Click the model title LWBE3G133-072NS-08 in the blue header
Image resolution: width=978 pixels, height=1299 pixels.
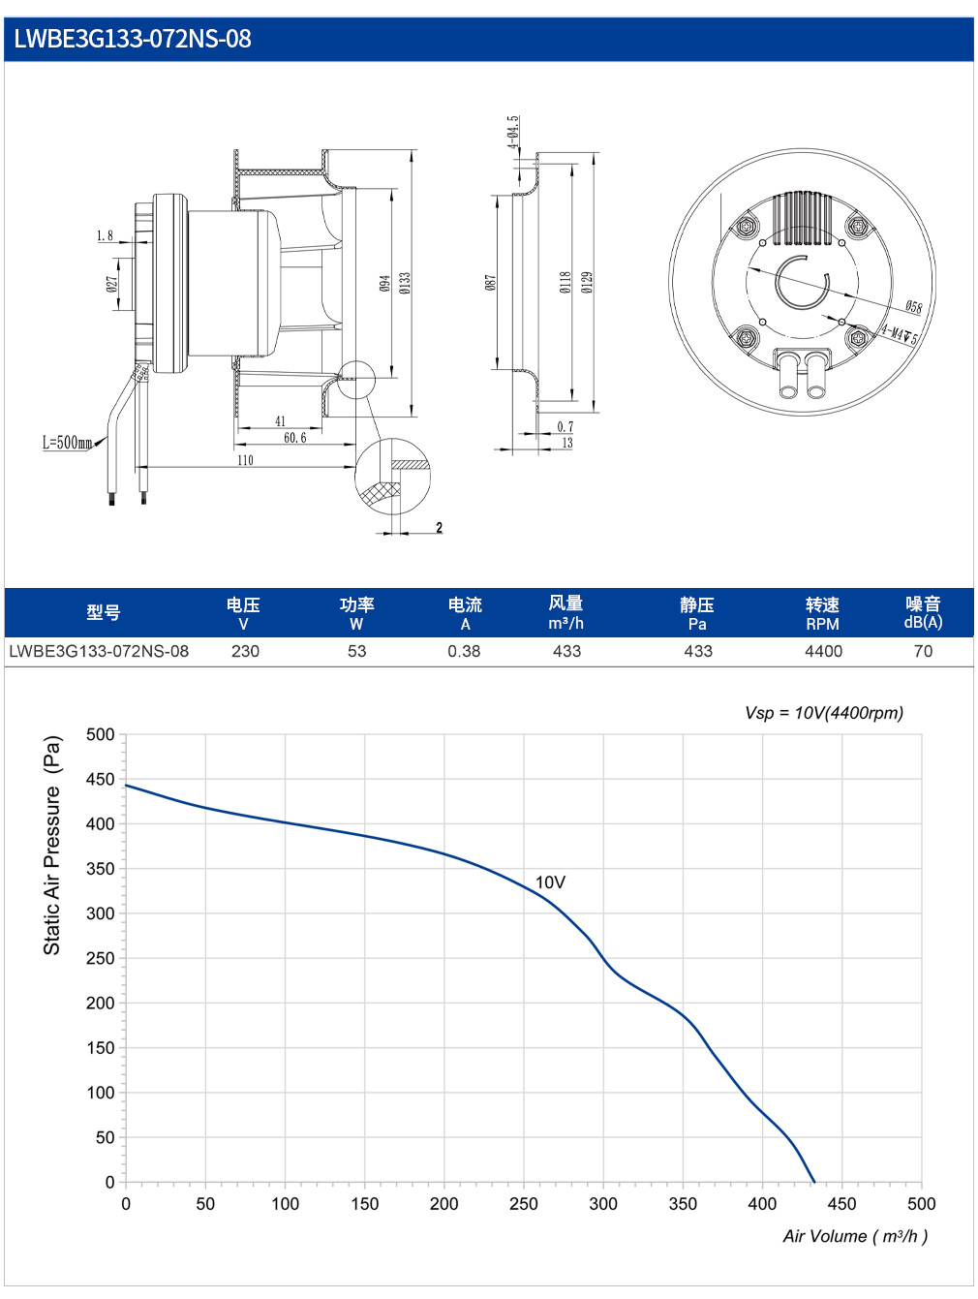pyautogui.click(x=133, y=39)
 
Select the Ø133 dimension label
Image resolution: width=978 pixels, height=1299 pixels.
pyautogui.click(x=405, y=283)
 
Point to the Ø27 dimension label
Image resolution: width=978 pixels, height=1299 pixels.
pyautogui.click(x=111, y=284)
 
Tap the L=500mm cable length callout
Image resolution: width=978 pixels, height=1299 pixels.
pyautogui.click(x=67, y=442)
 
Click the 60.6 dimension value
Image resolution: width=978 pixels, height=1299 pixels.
pyautogui.click(x=295, y=437)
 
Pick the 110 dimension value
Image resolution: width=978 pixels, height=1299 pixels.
pyautogui.click(x=245, y=460)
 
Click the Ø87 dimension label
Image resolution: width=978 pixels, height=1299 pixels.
pyautogui.click(x=490, y=282)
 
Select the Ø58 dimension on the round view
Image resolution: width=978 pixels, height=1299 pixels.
pyautogui.click(x=913, y=306)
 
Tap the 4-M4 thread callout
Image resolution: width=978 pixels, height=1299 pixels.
pyautogui.click(x=899, y=334)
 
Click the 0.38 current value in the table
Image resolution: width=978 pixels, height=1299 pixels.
pyautogui.click(x=464, y=651)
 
